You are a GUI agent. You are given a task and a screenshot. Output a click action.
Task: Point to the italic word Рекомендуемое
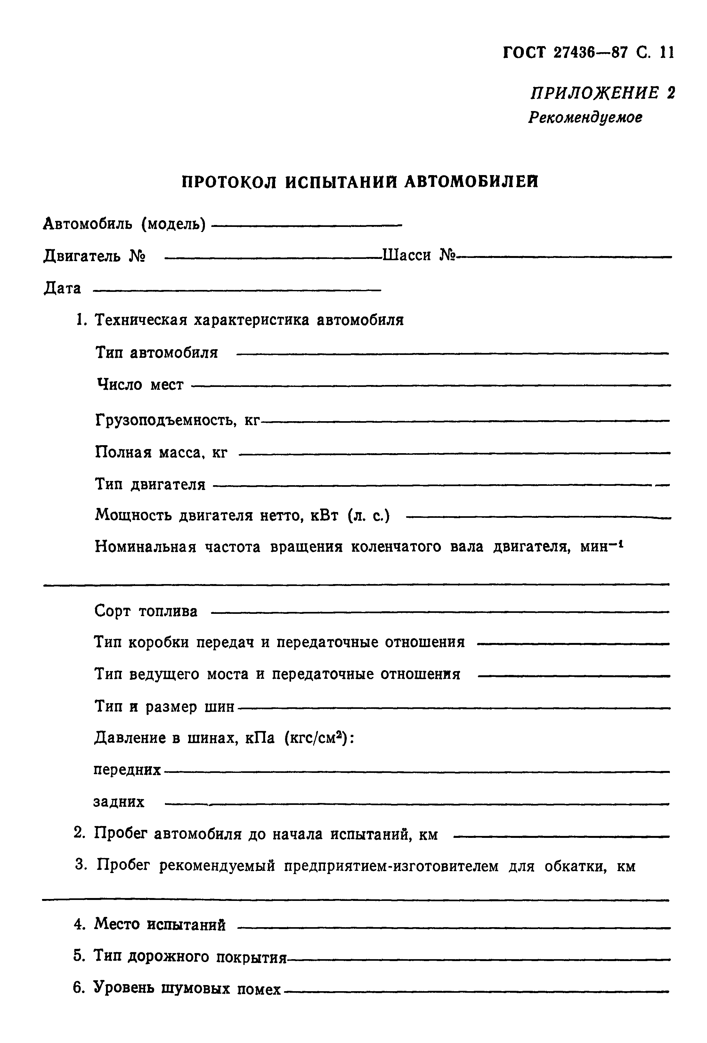pyautogui.click(x=585, y=117)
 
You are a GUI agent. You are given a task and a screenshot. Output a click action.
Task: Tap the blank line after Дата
pyautogui.click(x=237, y=290)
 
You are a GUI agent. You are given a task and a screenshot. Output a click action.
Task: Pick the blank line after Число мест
pyautogui.click(x=431, y=385)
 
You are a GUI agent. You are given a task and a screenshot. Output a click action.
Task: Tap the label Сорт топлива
pyautogui.click(x=146, y=611)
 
